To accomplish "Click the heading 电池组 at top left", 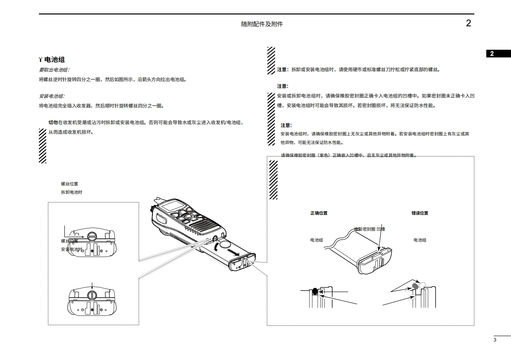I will point(54,60).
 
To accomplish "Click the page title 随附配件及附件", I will point(262,24).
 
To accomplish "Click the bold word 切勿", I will point(53,123).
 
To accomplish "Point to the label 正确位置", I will point(319,213).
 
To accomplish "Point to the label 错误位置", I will point(420,213).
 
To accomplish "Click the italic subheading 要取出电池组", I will point(54,70).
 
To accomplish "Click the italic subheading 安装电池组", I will point(52,96).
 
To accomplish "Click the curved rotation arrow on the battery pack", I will point(217,247).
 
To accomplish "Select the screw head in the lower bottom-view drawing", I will point(92,295).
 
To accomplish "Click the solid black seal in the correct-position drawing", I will point(315,291).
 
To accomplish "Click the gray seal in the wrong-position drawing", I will point(415,286).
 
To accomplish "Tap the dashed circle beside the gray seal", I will point(422,285).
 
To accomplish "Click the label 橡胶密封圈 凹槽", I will point(369,229).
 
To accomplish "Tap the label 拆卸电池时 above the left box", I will point(72,192).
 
